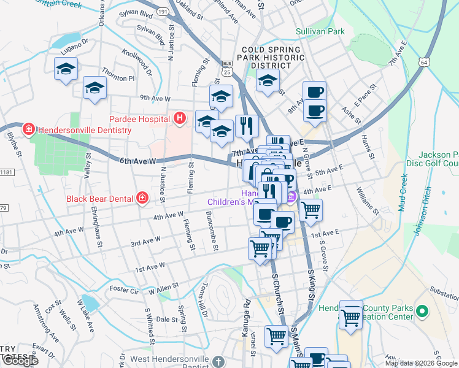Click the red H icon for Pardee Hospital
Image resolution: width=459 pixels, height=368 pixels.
(x=180, y=118)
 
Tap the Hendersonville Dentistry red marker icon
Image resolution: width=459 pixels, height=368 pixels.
(x=28, y=129)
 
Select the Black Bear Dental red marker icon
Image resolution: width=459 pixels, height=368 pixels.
(x=142, y=198)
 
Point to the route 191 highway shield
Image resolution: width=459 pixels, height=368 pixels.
(x=162, y=11)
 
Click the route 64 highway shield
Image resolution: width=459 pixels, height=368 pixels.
(x=424, y=62)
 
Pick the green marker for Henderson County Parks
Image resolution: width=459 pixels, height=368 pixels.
(x=422, y=312)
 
